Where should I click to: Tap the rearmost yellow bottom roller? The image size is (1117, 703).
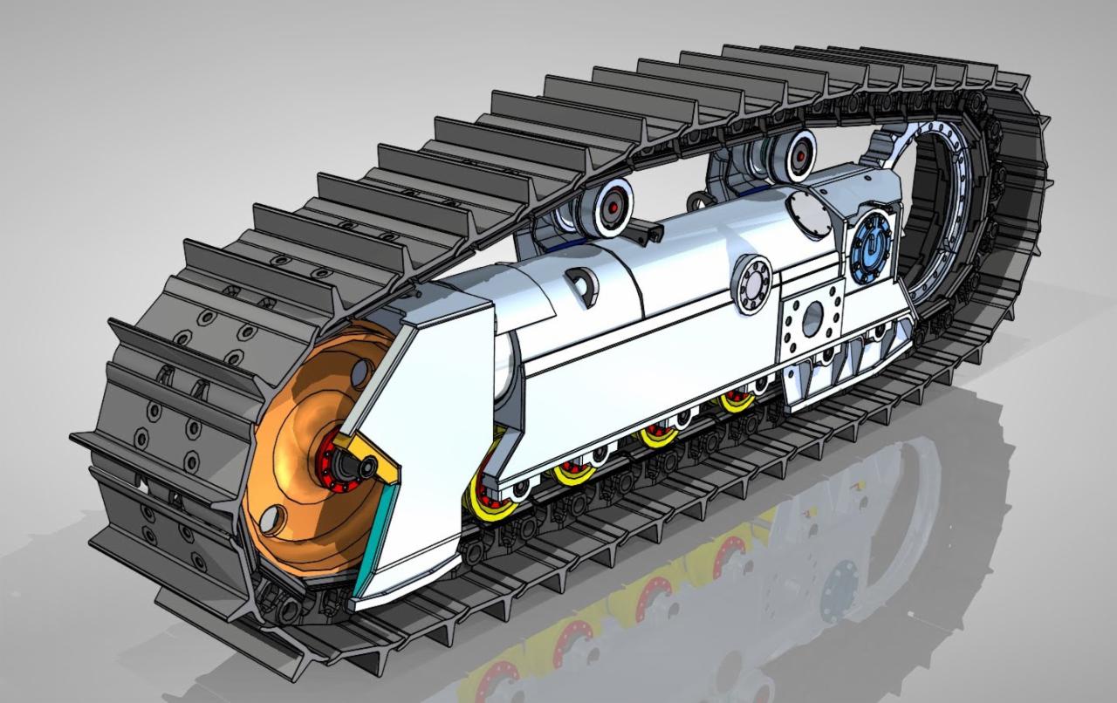pos(737,402)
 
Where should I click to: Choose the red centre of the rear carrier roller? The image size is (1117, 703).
pos(798,156)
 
